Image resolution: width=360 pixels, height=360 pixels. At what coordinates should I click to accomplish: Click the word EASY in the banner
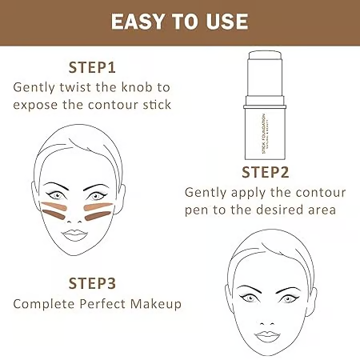point(141,21)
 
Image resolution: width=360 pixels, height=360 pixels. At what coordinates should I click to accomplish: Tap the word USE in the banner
point(226,21)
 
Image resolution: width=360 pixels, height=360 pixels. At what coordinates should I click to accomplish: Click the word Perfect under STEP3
point(108,304)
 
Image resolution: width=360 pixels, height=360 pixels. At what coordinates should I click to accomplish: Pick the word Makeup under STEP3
point(156,304)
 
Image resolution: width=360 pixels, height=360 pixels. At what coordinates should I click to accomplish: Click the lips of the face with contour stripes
point(74,234)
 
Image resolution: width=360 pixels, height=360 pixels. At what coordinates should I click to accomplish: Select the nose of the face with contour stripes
point(74,214)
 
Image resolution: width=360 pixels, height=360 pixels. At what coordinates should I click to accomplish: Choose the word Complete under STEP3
point(46,304)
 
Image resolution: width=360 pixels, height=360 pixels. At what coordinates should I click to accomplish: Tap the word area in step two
point(321,211)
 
